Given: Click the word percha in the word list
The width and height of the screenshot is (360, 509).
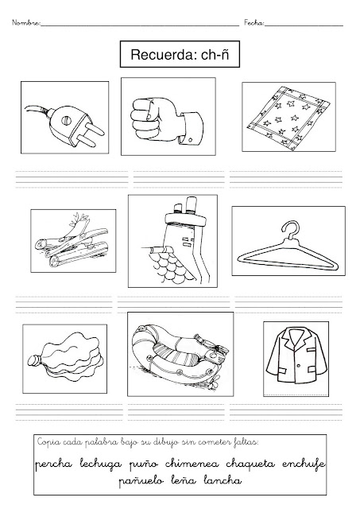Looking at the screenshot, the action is tap(53, 464).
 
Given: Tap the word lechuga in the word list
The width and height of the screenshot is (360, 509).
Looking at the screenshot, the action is tap(101, 464).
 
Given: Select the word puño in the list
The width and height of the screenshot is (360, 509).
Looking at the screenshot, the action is tap(144, 464).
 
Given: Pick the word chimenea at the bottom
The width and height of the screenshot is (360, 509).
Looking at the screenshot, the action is tap(192, 464).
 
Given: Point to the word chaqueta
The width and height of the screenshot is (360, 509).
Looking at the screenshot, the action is tap(250, 464).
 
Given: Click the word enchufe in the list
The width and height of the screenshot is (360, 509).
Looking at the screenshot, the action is tap(304, 464).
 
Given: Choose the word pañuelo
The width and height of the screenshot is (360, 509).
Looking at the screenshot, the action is tap(141, 480).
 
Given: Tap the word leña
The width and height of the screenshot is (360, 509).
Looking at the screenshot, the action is tap(184, 480).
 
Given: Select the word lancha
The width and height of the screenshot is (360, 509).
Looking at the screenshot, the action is tap(223, 480).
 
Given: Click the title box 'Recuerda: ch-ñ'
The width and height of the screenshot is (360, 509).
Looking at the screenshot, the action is tap(180, 54).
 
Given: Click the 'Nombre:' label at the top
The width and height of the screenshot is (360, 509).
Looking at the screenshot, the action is tap(26, 23).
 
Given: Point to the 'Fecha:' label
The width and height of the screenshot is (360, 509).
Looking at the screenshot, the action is tap(254, 23).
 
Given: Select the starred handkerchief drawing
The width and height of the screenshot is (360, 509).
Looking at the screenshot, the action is tap(288, 117).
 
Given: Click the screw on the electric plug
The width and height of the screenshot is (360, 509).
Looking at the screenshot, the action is tap(66, 120).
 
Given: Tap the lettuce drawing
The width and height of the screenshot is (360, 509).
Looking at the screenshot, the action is tap(65, 358).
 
